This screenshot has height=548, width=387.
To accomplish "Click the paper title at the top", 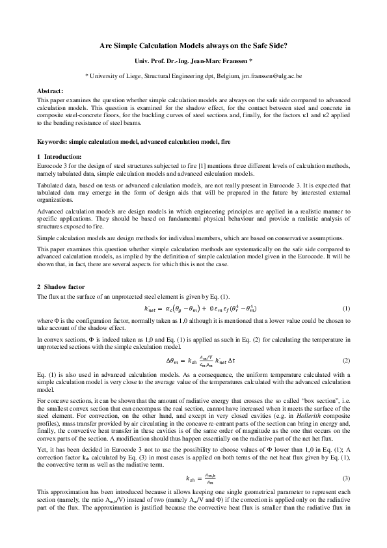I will pos(193,46).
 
